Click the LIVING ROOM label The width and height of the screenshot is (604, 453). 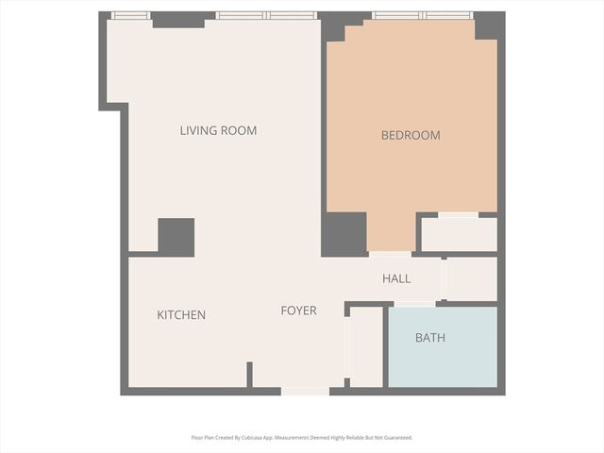click(218, 130)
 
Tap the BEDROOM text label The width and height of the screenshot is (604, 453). click(411, 135)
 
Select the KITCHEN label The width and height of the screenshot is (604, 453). click(181, 314)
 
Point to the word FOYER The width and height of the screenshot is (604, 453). click(298, 310)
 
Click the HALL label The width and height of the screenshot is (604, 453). click(396, 278)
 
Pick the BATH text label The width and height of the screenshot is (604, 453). click(430, 337)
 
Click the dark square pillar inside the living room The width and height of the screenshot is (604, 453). click(176, 237)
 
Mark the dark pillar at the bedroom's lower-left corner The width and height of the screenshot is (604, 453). click(344, 234)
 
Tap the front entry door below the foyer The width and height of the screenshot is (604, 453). click(305, 391)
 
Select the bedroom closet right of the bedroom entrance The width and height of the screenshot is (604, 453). click(459, 235)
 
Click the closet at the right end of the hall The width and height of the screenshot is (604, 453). click(470, 278)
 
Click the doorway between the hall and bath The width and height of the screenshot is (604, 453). click(414, 303)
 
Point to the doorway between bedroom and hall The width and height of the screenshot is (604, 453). click(390, 253)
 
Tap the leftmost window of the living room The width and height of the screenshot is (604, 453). click(130, 15)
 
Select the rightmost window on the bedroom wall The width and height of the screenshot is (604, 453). click(448, 15)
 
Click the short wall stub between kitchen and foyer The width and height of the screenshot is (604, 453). click(249, 374)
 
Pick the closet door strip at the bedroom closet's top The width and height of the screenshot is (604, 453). click(459, 215)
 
